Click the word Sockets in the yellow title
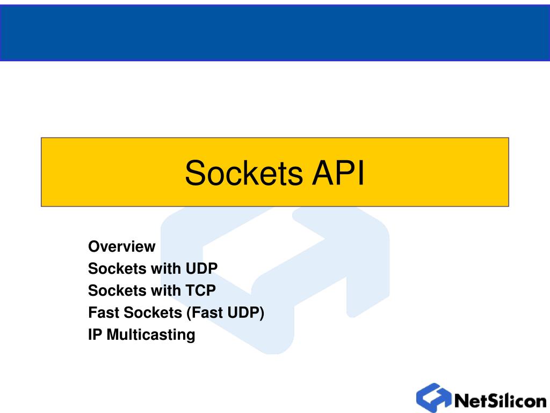244,173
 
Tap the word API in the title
338,173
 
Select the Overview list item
122,246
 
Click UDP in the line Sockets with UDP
202,269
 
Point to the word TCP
201,290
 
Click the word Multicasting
151,334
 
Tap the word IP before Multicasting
95,334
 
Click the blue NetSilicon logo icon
434,397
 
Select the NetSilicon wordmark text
501,400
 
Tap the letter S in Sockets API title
194,173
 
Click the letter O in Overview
94,246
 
